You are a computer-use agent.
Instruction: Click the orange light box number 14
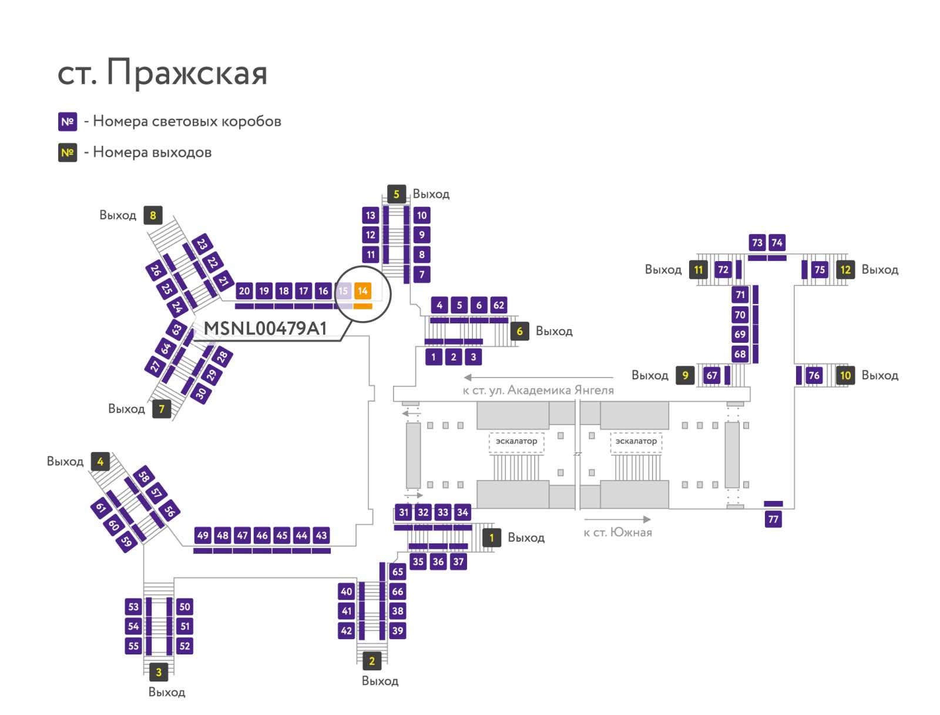[362, 291]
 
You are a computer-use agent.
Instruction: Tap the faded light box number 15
[343, 291]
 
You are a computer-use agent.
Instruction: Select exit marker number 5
[396, 194]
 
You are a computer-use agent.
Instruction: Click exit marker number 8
[153, 215]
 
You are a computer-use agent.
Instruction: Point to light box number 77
[773, 519]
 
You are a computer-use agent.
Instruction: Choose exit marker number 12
[845, 269]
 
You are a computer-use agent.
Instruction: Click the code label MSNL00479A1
[265, 329]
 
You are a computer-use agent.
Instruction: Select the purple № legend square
[68, 122]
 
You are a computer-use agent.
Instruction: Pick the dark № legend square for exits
[68, 152]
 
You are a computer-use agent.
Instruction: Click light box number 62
[498, 305]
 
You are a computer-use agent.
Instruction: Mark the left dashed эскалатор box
[516, 443]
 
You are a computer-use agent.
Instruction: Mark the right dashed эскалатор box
[636, 443]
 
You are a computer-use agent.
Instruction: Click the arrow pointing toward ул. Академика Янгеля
[539, 377]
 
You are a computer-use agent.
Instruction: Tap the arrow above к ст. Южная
[617, 519]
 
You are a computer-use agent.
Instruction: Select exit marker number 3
[159, 672]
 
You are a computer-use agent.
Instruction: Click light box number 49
[203, 535]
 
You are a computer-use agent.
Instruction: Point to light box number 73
[757, 242]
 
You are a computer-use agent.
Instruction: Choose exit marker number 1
[492, 537]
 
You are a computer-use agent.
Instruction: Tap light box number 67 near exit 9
[711, 376]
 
